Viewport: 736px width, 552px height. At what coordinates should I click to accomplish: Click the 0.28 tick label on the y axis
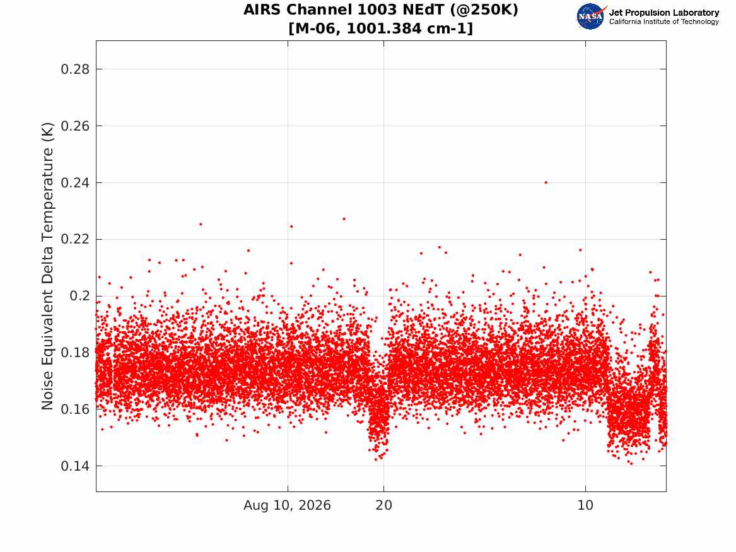[x=75, y=69]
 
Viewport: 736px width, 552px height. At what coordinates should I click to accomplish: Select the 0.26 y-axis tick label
[x=75, y=126]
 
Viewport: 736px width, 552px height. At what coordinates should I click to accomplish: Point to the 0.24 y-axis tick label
[x=75, y=182]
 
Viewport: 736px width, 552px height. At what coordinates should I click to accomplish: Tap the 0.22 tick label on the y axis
[x=75, y=239]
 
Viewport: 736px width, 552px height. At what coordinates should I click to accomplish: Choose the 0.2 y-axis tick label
[x=79, y=296]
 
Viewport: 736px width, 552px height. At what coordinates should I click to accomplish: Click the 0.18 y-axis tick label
[x=75, y=353]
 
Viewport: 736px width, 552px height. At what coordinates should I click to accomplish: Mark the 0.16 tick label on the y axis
[x=75, y=409]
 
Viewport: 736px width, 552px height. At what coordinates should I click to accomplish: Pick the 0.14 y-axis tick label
[x=75, y=466]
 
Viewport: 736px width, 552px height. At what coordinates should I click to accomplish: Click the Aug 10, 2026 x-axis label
[x=287, y=505]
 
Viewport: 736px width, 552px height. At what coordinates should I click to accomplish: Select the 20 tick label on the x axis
[x=383, y=505]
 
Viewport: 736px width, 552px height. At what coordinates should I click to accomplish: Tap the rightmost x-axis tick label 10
[x=585, y=505]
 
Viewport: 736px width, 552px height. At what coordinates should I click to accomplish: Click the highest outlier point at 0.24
[x=546, y=182]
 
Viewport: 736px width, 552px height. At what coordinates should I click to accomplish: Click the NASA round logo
[x=591, y=16]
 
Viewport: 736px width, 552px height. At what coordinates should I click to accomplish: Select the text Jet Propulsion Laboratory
[x=663, y=13]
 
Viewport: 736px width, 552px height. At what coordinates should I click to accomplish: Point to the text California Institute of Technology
[x=663, y=21]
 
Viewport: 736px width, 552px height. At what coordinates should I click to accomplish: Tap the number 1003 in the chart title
[x=365, y=9]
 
